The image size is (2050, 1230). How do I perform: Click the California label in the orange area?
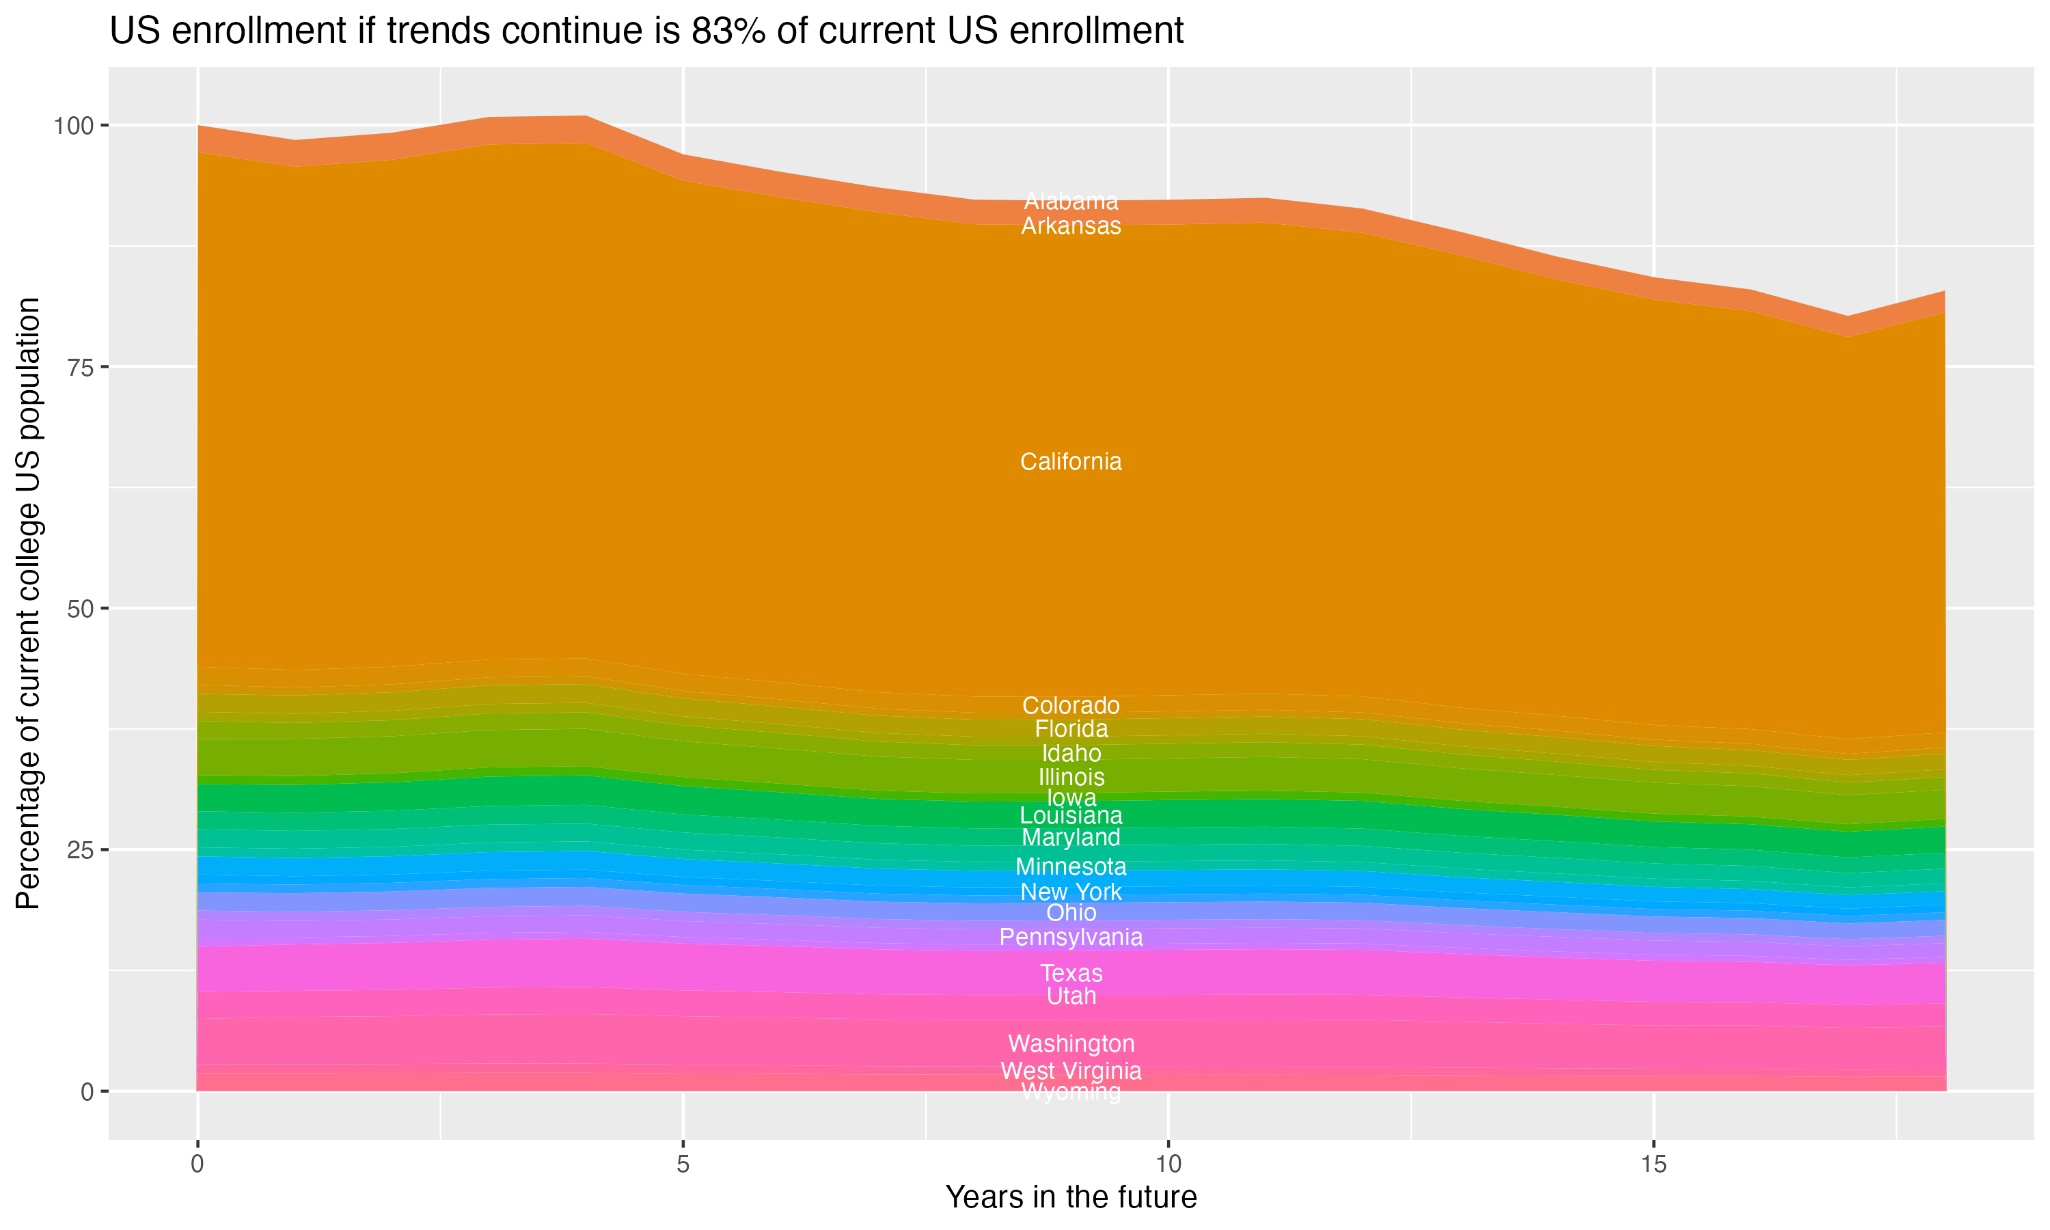(1071, 462)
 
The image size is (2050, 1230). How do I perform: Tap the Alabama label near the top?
(1071, 202)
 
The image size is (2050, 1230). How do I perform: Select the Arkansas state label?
(1071, 226)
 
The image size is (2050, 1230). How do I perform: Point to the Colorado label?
(1071, 705)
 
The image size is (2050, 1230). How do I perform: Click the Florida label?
(1071, 729)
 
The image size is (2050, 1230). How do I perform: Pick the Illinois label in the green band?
(1071, 778)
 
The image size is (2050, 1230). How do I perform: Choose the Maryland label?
(1071, 838)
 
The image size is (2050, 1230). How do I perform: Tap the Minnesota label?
(1071, 867)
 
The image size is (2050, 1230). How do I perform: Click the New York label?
(1071, 892)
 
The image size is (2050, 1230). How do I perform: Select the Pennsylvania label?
(1071, 938)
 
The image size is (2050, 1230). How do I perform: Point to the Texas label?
(1071, 973)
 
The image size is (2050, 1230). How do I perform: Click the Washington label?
(1071, 1043)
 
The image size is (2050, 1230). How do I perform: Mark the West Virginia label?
(1071, 1071)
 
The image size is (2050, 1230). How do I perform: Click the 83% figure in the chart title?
(725, 31)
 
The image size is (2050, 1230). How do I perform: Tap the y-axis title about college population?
(28, 603)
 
